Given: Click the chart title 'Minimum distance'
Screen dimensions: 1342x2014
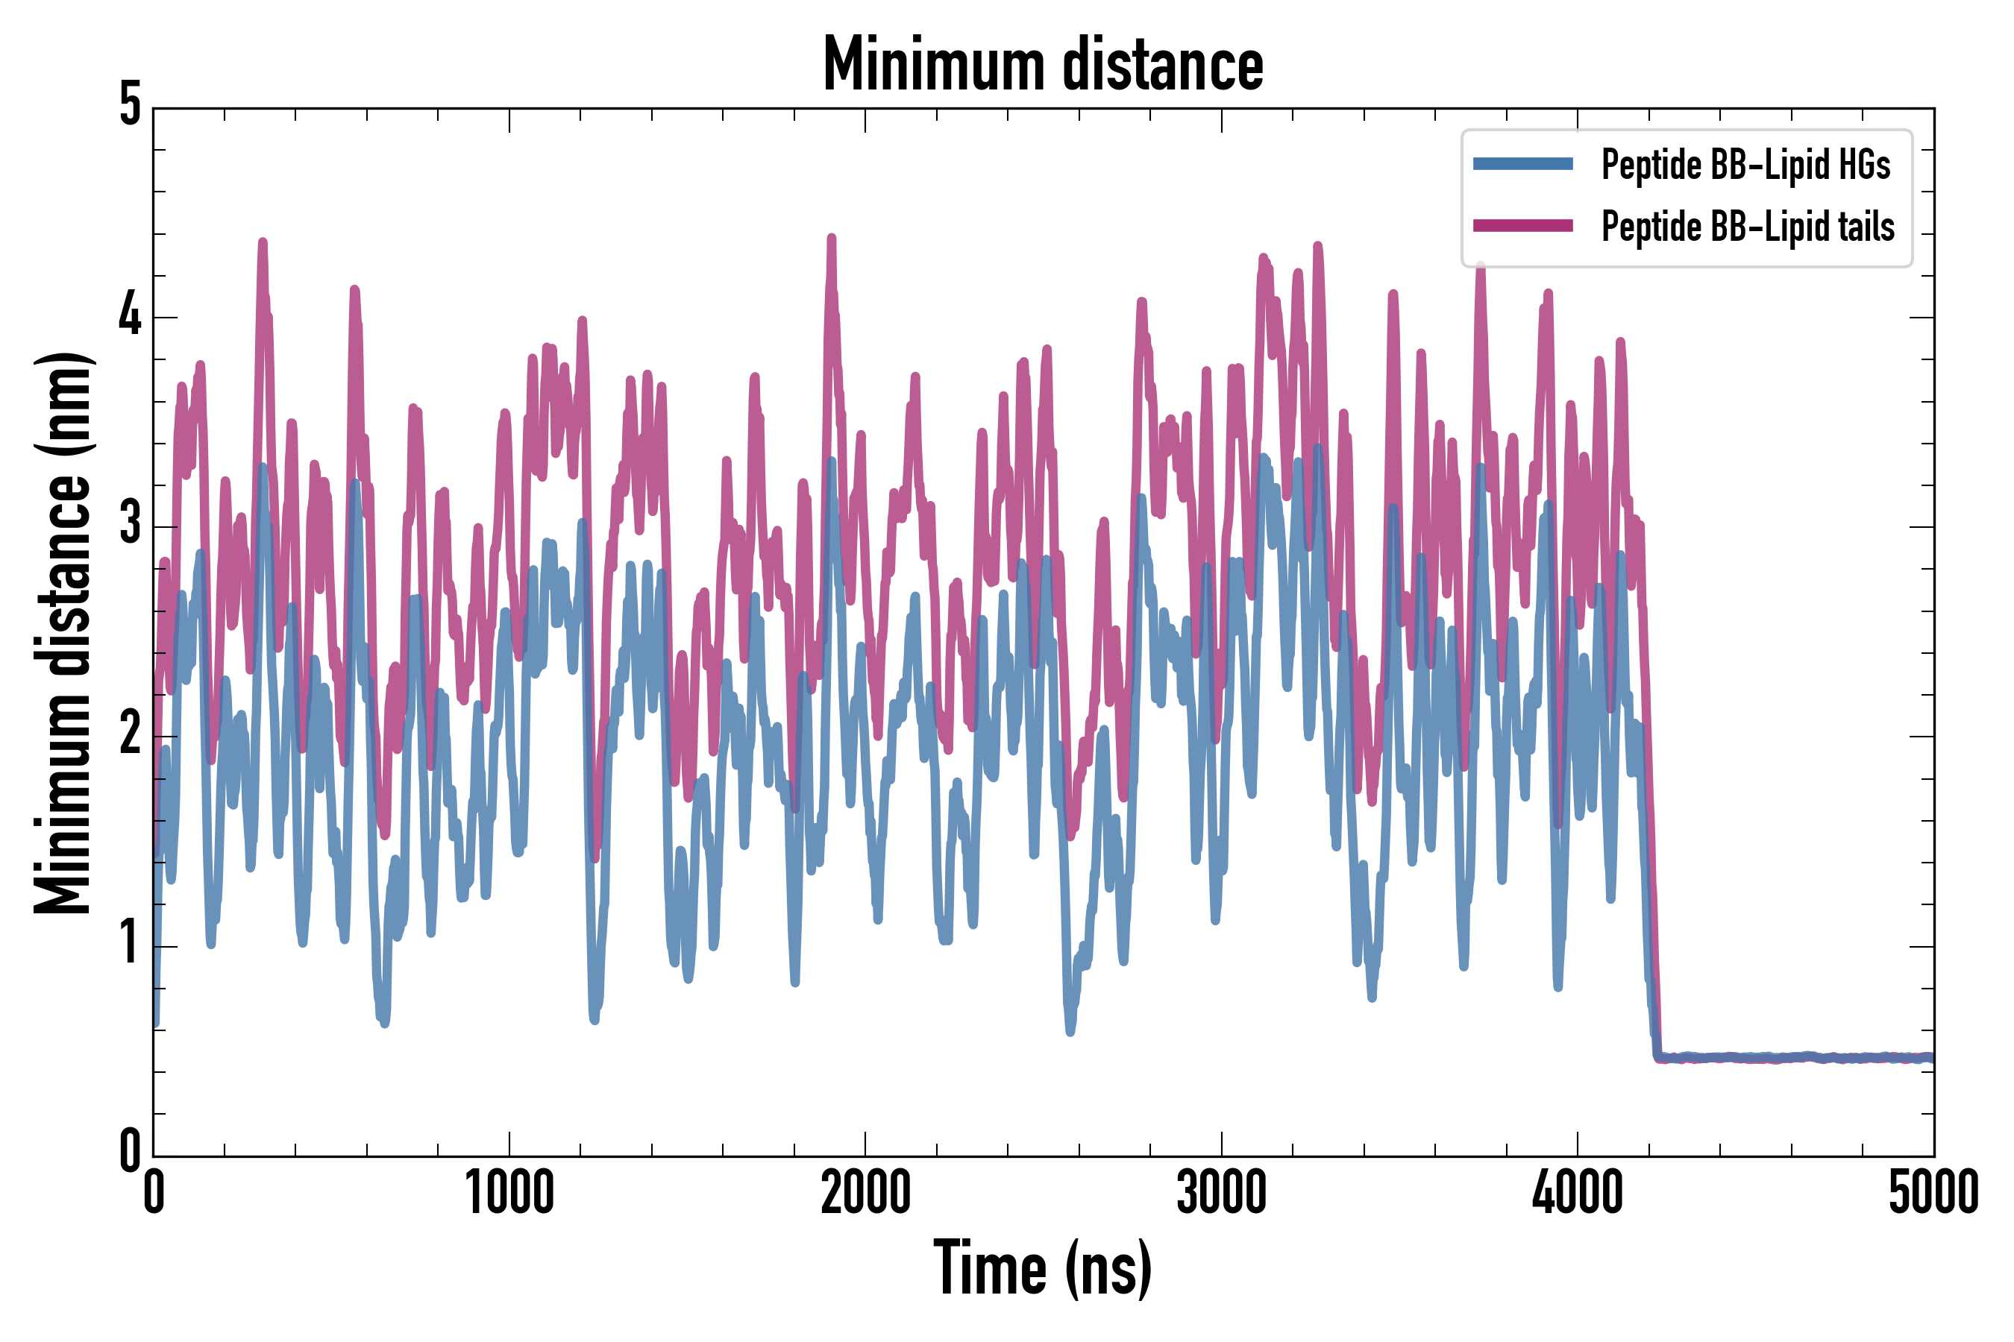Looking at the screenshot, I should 1042,64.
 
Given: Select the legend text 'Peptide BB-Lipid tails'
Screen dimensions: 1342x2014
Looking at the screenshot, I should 1748,227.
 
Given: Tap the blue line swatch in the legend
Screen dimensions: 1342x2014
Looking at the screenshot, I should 1522,164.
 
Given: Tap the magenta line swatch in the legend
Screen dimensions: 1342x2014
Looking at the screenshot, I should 1522,226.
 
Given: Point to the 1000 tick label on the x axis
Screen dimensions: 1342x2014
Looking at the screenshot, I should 509,1193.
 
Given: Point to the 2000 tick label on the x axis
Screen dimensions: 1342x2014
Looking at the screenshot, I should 865,1193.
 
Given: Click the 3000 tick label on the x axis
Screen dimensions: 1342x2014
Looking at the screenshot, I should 1221,1193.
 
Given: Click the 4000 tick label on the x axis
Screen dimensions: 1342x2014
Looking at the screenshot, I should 1578,1193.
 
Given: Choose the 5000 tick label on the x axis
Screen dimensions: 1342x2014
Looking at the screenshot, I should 1933,1193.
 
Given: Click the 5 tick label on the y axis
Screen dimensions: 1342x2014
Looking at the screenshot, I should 130,105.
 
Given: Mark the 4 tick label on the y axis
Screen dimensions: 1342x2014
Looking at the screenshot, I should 130,316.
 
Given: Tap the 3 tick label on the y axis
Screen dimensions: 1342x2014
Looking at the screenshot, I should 130,525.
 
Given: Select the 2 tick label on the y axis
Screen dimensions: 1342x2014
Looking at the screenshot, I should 130,734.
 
